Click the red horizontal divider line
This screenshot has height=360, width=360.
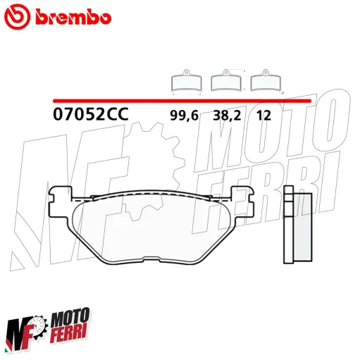click(183, 100)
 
